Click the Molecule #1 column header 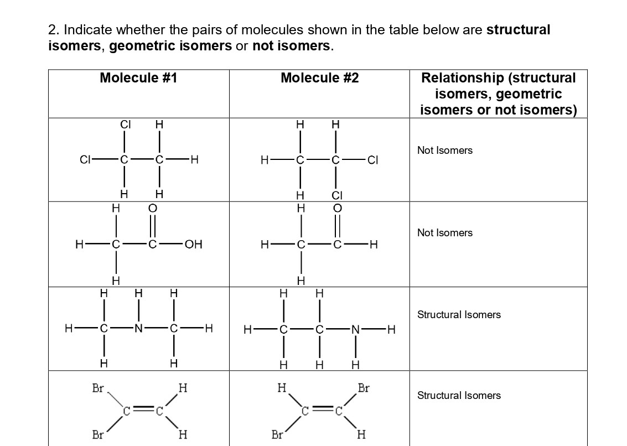tap(138, 78)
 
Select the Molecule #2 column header tap(319, 78)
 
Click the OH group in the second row tap(193, 244)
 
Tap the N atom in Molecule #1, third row tap(138, 329)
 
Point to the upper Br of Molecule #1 tap(98, 388)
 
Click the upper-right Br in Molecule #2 tap(364, 388)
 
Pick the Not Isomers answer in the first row tap(445, 151)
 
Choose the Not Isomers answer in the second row tap(445, 233)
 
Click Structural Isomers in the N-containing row tap(459, 315)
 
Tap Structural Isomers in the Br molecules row tap(459, 396)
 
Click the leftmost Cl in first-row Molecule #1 tap(85, 160)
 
